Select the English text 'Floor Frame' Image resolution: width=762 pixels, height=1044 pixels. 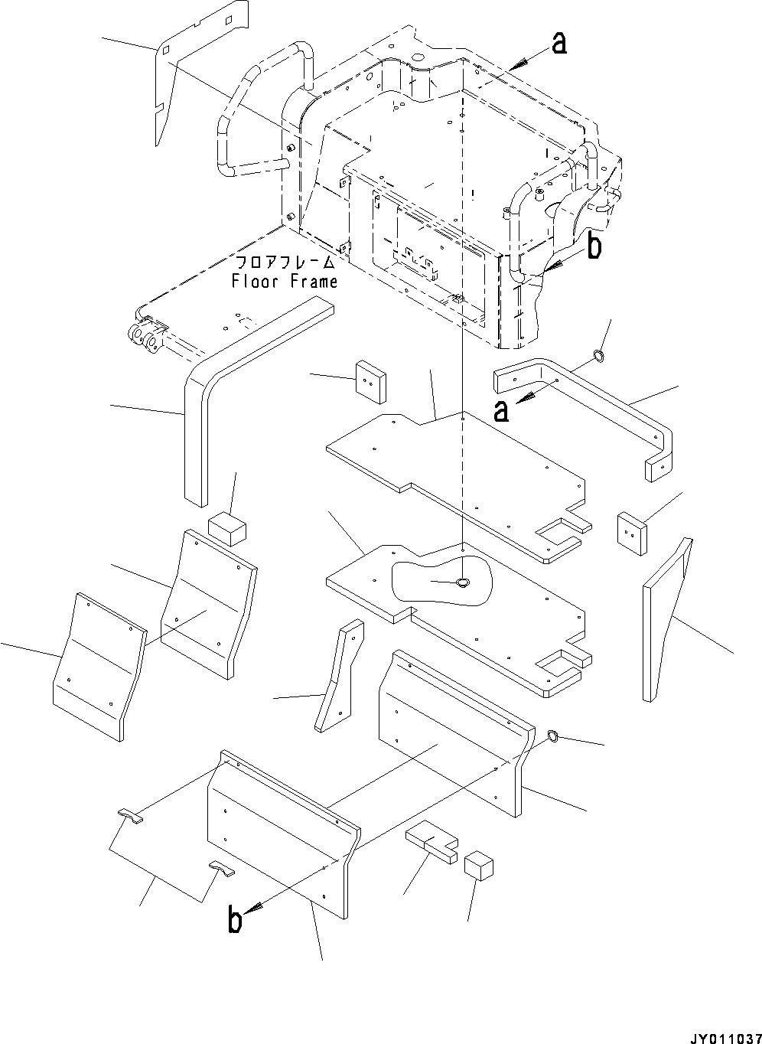284,282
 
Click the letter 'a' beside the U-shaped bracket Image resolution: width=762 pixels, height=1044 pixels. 501,411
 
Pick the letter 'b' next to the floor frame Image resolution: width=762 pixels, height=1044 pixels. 594,246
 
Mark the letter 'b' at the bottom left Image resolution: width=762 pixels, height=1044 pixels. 235,919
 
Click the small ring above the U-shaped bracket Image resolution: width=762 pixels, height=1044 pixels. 599,354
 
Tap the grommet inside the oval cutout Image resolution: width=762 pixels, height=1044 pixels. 463,584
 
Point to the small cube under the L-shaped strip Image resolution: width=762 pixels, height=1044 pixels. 226,528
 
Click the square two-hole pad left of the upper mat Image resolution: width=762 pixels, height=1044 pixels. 370,380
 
